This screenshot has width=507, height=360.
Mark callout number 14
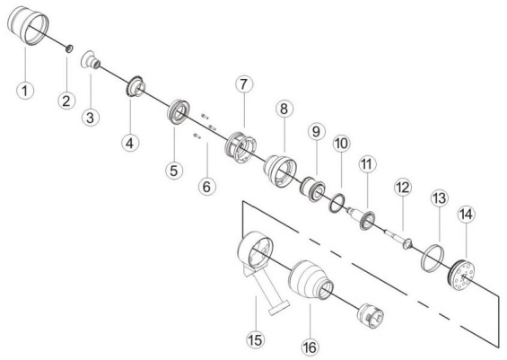point(468,215)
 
